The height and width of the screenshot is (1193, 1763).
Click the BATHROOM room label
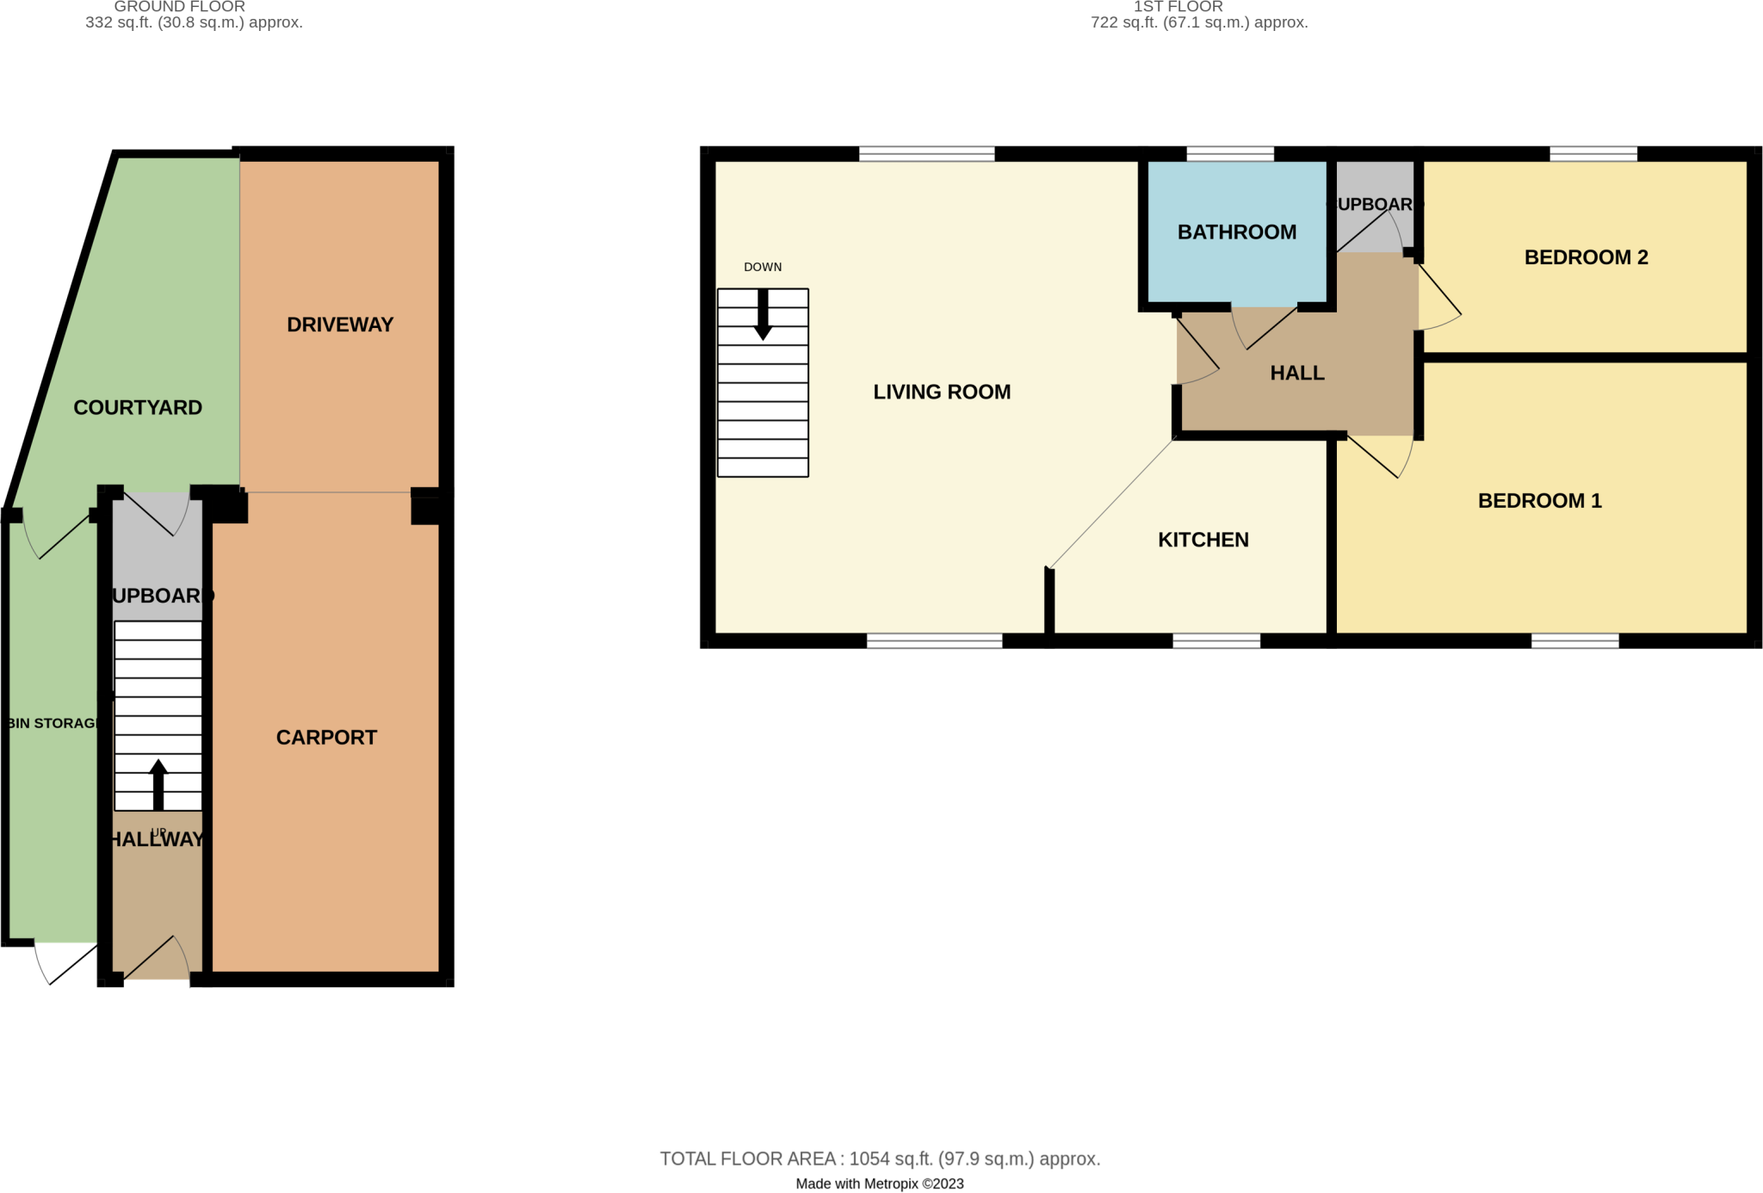tap(1236, 232)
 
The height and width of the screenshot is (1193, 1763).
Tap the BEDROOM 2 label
tap(1586, 257)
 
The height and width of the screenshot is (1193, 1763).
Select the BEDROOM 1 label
tap(1539, 501)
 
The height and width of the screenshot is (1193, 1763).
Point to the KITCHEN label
tap(1203, 540)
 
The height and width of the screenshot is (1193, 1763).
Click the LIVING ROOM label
tap(942, 393)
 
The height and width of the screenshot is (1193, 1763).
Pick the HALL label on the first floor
tap(1296, 374)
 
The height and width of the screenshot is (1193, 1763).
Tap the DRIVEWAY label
tap(340, 325)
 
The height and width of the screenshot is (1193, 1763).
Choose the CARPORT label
tap(326, 738)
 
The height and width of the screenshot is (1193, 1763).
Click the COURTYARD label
tap(138, 408)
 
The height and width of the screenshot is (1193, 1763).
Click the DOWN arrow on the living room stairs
tap(763, 315)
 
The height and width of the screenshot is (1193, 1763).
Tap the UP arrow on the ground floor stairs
tap(158, 783)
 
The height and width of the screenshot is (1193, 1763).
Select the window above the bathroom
tap(1229, 155)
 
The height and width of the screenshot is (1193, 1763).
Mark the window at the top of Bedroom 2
tap(1593, 155)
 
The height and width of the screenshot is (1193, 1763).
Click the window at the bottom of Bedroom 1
tap(1574, 640)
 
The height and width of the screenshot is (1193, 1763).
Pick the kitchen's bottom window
tap(1216, 640)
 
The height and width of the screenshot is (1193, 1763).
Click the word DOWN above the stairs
tap(763, 267)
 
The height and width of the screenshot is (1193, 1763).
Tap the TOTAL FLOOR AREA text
tap(880, 1159)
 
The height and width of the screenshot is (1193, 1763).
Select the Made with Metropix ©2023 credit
tap(880, 1184)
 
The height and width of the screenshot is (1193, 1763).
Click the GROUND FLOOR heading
tap(180, 7)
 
